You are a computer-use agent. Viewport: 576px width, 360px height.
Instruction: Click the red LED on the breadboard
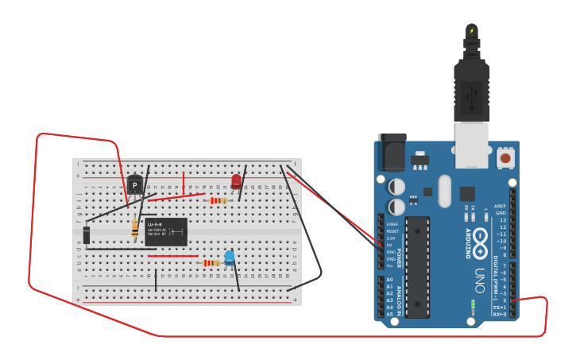tap(236, 182)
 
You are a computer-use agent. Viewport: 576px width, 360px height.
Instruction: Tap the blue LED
tap(230, 257)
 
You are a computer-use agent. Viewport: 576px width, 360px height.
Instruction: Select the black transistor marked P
tap(135, 185)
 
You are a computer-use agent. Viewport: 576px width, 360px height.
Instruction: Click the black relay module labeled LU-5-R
tap(166, 231)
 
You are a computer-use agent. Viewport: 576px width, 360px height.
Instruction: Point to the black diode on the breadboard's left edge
tap(87, 234)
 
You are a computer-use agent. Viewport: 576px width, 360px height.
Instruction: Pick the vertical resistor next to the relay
tap(135, 229)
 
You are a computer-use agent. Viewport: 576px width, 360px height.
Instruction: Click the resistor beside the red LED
tap(217, 200)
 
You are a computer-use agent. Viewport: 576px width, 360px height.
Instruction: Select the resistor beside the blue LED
tap(211, 263)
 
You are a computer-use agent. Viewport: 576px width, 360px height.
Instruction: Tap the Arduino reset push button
tap(504, 158)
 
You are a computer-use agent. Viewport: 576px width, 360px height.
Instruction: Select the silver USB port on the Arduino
tap(471, 145)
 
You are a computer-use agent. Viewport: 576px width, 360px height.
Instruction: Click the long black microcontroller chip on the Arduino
tap(418, 267)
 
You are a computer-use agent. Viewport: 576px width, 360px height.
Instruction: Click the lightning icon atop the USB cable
tap(472, 31)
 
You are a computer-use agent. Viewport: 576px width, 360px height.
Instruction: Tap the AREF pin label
tap(499, 206)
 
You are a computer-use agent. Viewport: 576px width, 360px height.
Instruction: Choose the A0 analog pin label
tap(389, 280)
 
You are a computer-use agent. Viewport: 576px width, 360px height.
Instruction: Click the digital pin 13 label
tap(502, 220)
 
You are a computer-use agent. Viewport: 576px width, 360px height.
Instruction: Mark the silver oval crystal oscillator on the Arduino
tap(444, 191)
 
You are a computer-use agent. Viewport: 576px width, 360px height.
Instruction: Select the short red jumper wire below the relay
tap(172, 256)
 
